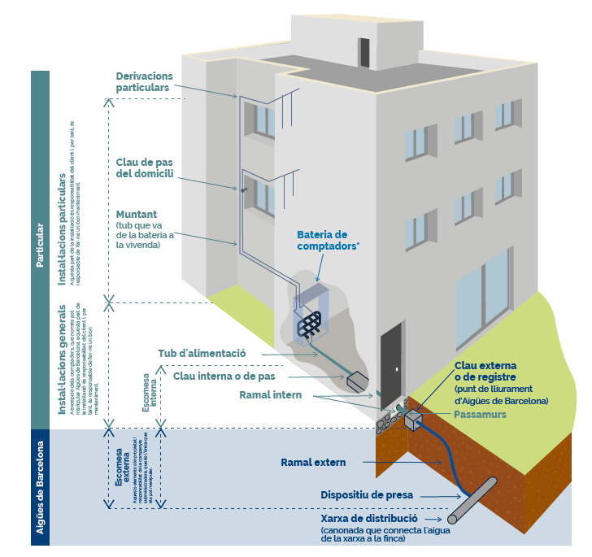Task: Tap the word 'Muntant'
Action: (x=137, y=214)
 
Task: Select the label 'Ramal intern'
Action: (x=271, y=395)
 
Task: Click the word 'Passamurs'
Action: (x=480, y=414)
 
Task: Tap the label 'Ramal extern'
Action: (x=313, y=463)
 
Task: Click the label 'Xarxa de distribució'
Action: (x=369, y=518)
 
